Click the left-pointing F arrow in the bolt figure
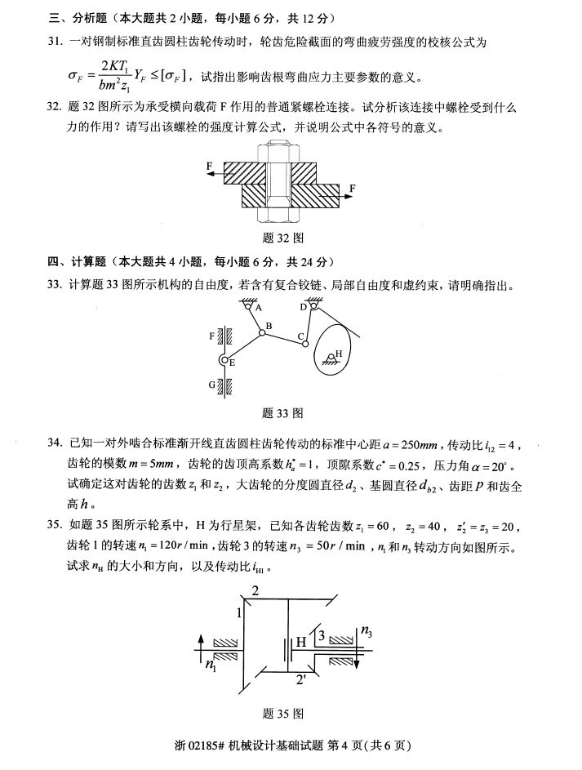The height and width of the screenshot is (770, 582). coord(213,172)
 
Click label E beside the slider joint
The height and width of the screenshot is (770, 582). coord(233,363)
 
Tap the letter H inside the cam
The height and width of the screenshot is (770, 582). coord(339,354)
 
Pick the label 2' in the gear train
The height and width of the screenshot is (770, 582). coord(302,678)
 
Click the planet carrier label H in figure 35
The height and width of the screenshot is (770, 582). coord(301,643)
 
